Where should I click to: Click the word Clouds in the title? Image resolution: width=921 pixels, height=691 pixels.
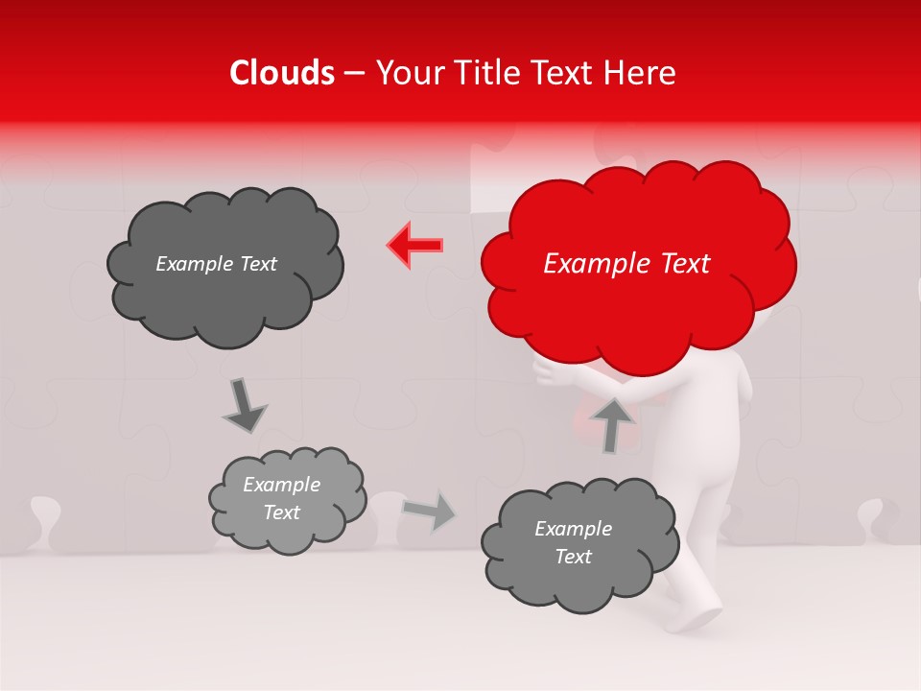click(282, 73)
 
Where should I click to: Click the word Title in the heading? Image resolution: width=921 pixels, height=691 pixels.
click(482, 73)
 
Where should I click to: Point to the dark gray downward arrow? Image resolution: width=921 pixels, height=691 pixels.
click(244, 406)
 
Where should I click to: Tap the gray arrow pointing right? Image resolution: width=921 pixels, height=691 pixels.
click(429, 512)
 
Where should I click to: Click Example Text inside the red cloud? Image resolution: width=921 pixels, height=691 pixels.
click(626, 264)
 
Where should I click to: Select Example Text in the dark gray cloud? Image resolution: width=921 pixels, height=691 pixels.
click(216, 264)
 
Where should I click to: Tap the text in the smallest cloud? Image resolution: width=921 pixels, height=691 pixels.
click(281, 499)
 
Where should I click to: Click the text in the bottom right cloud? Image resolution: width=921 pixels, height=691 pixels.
click(573, 542)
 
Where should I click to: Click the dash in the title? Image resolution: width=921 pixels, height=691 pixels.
click(354, 74)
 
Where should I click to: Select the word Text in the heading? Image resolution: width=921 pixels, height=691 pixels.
click(560, 73)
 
